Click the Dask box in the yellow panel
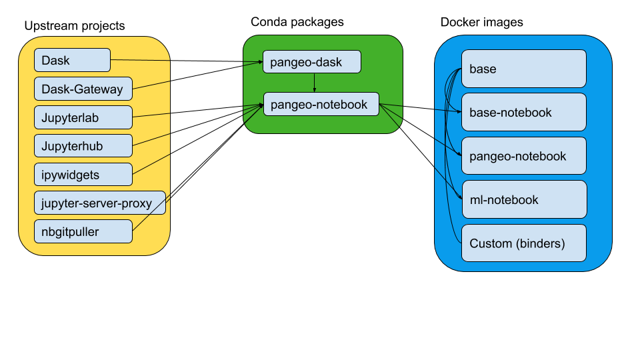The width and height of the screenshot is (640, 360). pos(72,61)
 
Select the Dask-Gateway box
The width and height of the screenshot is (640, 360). pos(83,89)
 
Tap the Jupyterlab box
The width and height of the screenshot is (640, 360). pos(83,118)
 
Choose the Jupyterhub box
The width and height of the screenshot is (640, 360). pos(83,146)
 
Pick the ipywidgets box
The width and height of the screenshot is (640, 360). pos(83,175)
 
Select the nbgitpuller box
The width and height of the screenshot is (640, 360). pos(83,232)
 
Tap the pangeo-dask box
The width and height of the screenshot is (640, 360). pos(311,62)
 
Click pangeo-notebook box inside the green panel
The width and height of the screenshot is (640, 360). pos(321,105)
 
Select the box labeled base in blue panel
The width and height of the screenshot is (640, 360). pos(523,69)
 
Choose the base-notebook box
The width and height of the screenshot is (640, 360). pos(523,112)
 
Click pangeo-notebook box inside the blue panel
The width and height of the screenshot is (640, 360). pos(523,156)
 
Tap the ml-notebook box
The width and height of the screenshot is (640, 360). pos(523,199)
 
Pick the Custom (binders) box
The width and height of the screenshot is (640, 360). pos(523,243)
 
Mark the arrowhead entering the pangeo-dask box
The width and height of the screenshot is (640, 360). pos(260,63)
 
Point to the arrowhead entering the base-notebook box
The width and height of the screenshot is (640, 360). pos(459,111)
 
